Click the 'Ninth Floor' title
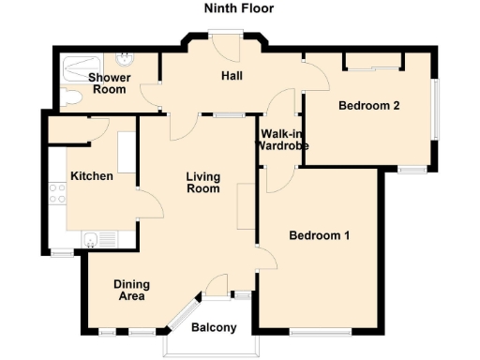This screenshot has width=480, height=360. point(239,9)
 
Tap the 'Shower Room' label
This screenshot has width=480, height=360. point(107,83)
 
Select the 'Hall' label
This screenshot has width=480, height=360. point(232,75)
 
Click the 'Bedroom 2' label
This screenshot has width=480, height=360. point(369,106)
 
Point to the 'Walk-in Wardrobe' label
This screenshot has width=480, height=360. point(283,140)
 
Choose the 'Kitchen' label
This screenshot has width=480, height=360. point(91,176)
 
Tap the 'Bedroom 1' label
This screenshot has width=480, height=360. point(319,235)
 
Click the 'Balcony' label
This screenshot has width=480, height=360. point(214,327)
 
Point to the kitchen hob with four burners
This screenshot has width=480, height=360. point(57,193)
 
